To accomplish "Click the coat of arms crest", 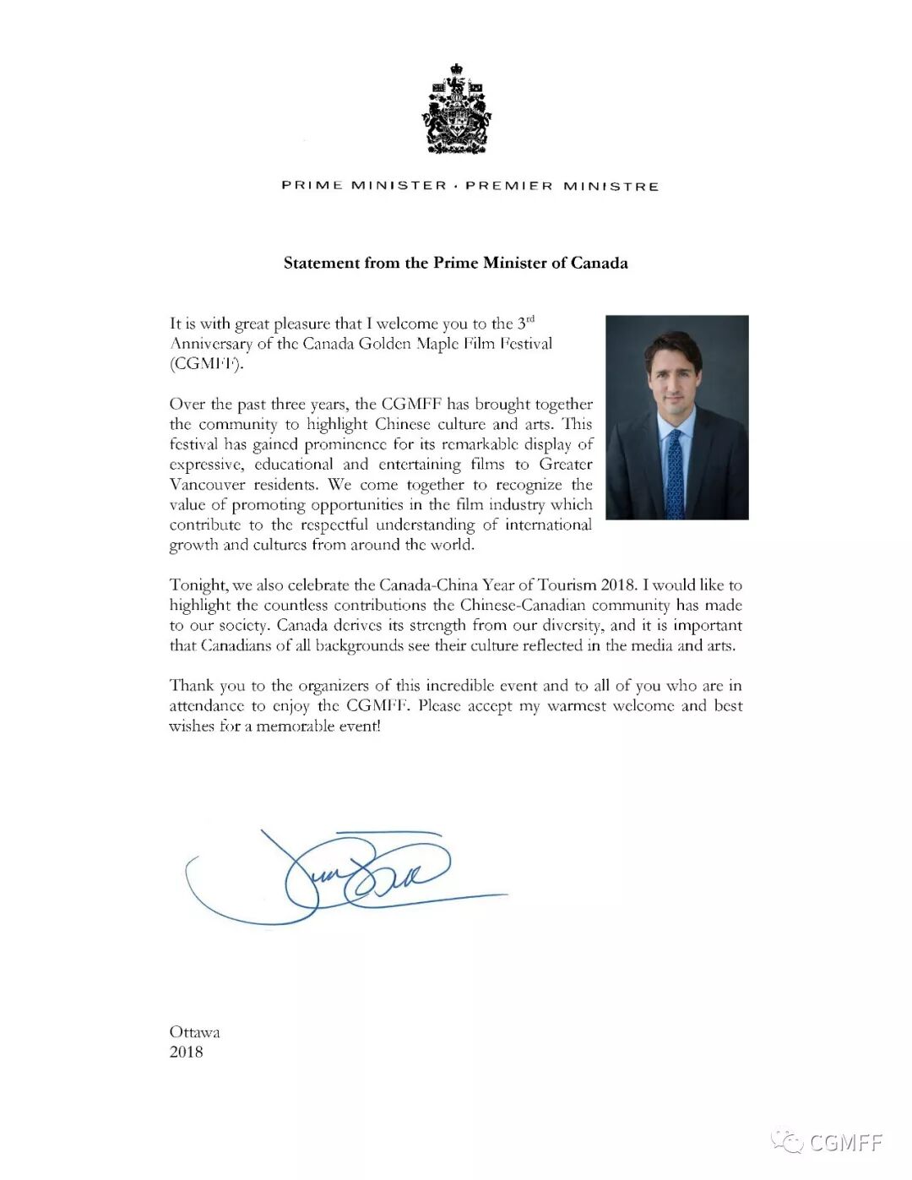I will click(x=456, y=109).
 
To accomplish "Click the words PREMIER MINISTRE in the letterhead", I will click(x=562, y=186).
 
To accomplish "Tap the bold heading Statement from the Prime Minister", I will click(x=455, y=263).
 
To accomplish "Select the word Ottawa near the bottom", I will click(x=194, y=1032).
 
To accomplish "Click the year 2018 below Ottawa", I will click(x=186, y=1052).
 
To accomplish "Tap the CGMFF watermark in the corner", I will click(x=844, y=1143).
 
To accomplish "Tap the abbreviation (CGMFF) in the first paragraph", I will click(x=206, y=364).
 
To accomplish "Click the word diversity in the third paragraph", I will click(x=573, y=626).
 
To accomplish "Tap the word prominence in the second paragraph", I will click(x=346, y=444).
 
